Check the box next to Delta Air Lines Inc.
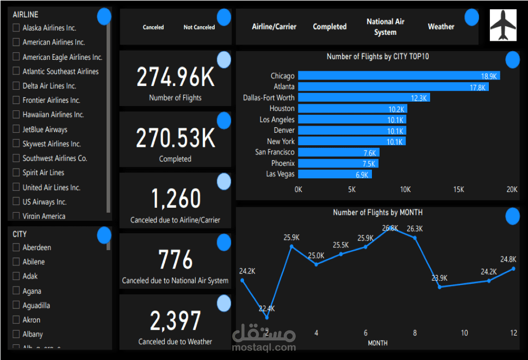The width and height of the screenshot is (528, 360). (x=16, y=86)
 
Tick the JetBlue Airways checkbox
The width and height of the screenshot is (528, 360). (x=16, y=129)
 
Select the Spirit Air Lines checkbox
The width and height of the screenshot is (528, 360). (x=16, y=172)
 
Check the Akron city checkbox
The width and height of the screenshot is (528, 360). (x=16, y=320)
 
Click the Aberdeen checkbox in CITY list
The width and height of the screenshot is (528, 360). (x=16, y=247)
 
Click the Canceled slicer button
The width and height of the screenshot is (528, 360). (x=153, y=27)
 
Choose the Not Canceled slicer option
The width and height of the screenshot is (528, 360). (x=199, y=27)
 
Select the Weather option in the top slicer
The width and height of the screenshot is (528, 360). (x=440, y=27)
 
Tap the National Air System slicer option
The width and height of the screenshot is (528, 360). (x=385, y=27)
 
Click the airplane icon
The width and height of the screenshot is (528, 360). (x=503, y=25)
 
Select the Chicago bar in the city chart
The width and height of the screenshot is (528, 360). (x=399, y=76)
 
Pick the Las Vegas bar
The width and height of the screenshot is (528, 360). (x=334, y=174)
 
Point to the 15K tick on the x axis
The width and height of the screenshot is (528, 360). (x=458, y=190)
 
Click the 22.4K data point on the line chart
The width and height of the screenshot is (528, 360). (x=266, y=318)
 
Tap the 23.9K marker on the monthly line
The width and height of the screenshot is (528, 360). (x=439, y=287)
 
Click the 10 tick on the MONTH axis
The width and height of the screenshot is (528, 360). (x=464, y=333)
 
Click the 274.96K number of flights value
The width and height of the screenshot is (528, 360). (x=175, y=77)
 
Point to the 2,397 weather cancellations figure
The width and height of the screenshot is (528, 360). (x=175, y=321)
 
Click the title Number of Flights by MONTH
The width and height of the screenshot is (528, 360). (x=377, y=213)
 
